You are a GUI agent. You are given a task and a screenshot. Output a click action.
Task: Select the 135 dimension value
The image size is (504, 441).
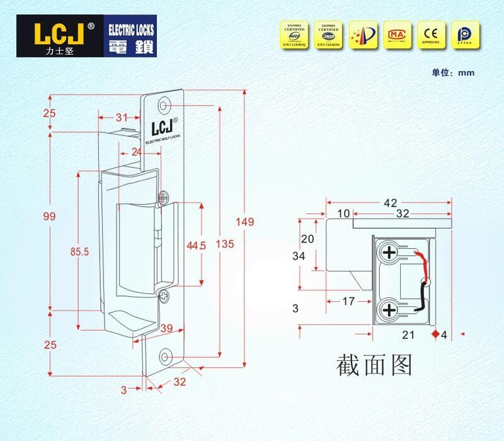point(220,244)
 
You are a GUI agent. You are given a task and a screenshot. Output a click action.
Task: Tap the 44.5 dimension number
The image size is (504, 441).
point(197,246)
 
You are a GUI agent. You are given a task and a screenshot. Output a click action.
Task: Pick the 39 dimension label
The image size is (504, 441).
point(167,328)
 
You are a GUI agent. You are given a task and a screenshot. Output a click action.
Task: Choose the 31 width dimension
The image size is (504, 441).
point(122,117)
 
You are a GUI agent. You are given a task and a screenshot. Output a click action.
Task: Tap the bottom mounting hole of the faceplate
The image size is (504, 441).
point(166,356)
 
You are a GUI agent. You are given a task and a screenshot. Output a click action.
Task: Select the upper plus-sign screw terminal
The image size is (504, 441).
point(389,254)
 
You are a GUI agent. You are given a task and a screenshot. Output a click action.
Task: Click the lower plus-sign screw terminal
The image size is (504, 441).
point(389,309)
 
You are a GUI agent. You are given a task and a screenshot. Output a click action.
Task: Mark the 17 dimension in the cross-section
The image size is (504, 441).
point(347,301)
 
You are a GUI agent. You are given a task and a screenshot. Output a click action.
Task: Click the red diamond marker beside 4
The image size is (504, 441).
point(435,334)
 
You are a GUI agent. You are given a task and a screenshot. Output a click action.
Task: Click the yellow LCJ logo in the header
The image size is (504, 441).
point(56,35)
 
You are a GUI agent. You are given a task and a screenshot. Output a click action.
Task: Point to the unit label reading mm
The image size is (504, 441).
point(466,72)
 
